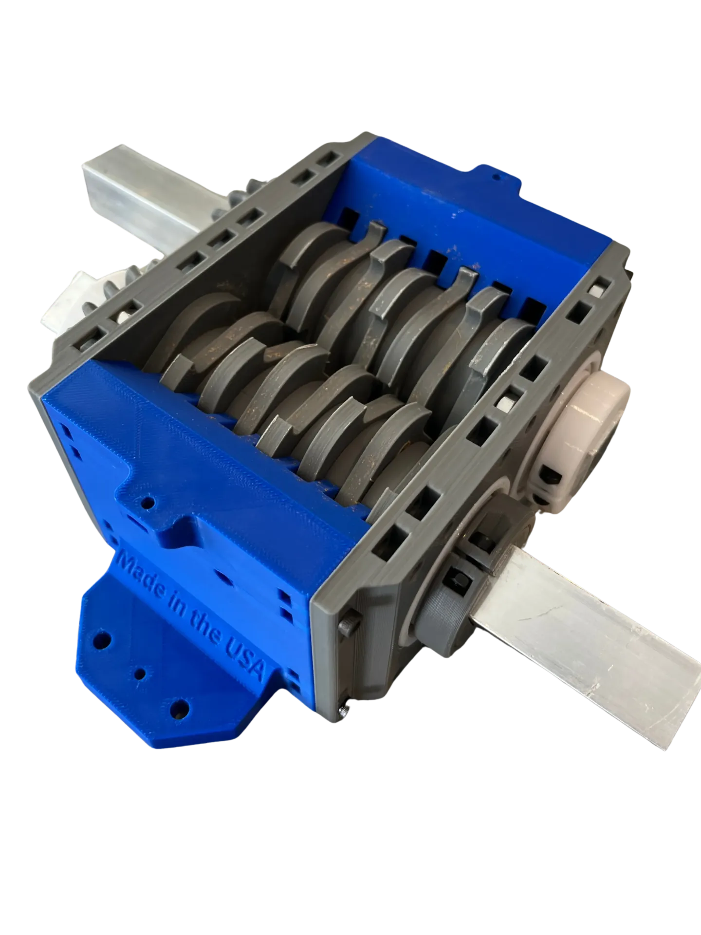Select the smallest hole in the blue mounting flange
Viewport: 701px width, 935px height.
pyautogui.click(x=140, y=674)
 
